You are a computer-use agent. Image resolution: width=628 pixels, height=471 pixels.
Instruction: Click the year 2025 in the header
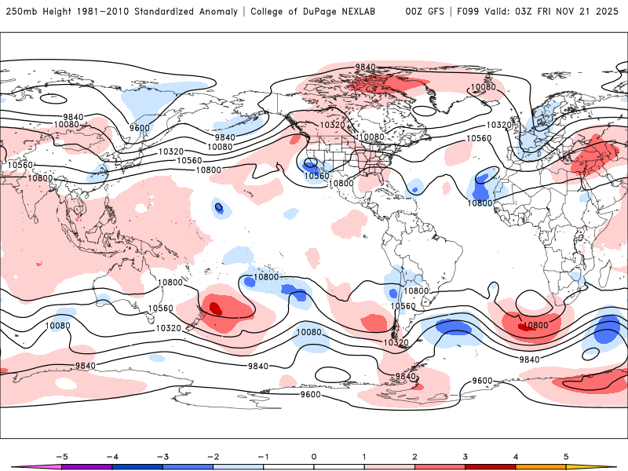[607, 12]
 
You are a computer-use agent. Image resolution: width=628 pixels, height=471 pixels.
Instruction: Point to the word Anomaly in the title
[222, 12]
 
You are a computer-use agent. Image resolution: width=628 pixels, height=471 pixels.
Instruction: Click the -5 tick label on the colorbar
[61, 455]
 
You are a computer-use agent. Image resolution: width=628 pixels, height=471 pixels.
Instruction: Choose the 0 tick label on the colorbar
[314, 455]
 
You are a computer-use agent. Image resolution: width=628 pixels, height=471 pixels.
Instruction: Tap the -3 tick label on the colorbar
[162, 455]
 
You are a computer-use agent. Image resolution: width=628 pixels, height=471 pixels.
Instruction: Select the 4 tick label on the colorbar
[516, 455]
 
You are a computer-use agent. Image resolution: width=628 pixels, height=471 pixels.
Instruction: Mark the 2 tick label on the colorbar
[414, 455]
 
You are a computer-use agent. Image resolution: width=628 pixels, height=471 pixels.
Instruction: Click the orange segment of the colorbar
[541, 466]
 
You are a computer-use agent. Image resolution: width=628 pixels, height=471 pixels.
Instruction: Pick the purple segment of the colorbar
[86, 466]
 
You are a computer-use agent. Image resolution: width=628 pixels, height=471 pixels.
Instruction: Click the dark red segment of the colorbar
[491, 466]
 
